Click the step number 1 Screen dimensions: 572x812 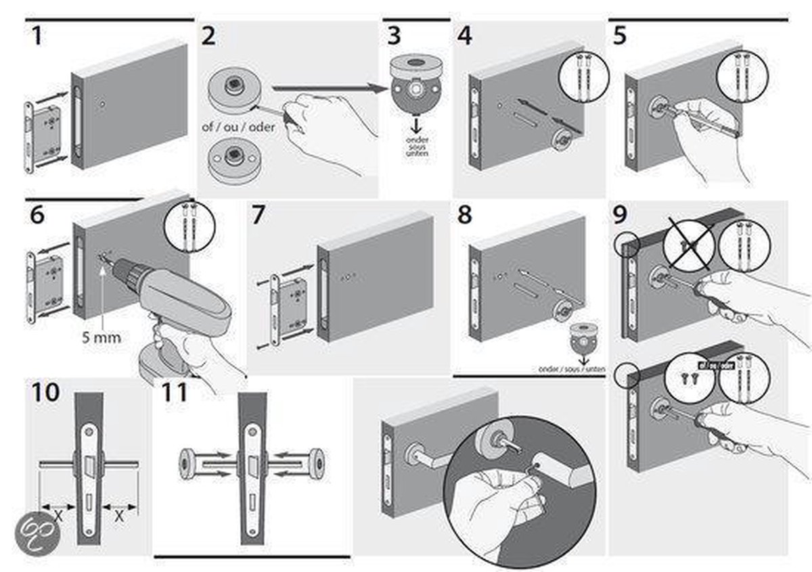click(37, 36)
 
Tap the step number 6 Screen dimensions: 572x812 click(37, 215)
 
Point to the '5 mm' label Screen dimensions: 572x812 click(101, 336)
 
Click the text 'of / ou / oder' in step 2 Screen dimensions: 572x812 click(238, 126)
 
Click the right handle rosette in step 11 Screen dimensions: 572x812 click(316, 461)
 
